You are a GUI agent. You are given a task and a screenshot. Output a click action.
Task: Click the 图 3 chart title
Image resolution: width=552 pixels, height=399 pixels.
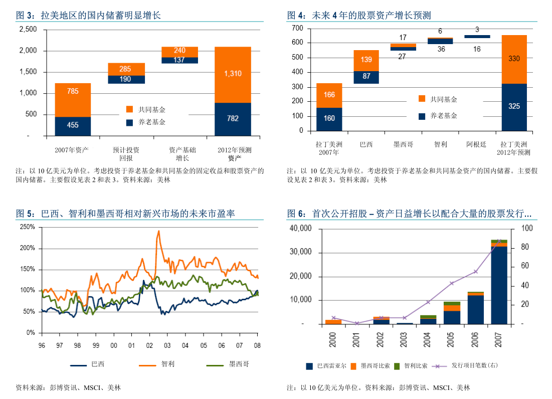88,16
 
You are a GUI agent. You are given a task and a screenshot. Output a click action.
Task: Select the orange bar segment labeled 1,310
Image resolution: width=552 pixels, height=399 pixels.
233,74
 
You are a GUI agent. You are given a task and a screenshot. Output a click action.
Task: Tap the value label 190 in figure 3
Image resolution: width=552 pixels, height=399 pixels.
125,79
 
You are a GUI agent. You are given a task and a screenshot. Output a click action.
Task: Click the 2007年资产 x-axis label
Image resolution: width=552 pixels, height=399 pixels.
72,150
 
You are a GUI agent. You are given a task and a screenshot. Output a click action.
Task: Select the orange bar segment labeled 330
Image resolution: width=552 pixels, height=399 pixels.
514,59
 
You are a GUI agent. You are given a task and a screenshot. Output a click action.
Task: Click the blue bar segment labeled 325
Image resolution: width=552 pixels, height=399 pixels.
514,107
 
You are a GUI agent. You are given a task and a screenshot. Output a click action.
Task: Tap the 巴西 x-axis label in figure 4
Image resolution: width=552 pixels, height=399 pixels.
366,144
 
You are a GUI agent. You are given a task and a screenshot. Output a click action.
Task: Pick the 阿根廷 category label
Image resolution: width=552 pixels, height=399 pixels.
476,144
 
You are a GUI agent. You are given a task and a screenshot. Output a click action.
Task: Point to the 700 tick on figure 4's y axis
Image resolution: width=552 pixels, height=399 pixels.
297,28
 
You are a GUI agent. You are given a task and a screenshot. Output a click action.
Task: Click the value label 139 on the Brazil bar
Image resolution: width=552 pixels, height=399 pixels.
366,60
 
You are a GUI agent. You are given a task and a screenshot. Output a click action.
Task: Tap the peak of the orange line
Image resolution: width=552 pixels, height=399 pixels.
159,231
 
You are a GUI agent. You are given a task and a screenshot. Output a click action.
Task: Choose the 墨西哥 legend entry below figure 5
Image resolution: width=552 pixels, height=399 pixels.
239,364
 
